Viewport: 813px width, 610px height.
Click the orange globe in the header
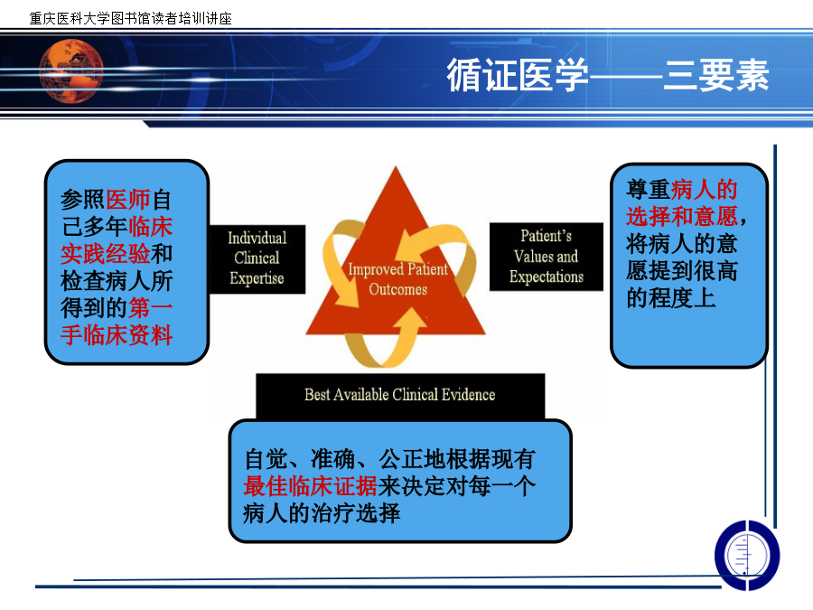(x=71, y=71)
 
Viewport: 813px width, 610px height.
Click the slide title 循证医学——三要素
(x=608, y=75)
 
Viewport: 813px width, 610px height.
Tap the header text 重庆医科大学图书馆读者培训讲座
(x=130, y=19)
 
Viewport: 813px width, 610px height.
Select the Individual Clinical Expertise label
(x=257, y=258)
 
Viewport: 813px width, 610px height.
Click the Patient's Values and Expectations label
(x=547, y=257)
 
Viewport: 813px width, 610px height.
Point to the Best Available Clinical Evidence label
(x=400, y=395)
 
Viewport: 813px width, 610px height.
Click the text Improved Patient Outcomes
(x=397, y=279)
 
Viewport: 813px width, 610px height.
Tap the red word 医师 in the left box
(x=128, y=199)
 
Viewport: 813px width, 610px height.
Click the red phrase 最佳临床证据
(x=311, y=486)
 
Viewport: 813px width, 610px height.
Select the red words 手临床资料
(x=117, y=335)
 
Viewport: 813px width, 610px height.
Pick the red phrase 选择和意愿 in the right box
(x=682, y=216)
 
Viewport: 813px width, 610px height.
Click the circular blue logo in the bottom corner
(x=747, y=555)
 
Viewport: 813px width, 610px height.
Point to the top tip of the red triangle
(x=397, y=166)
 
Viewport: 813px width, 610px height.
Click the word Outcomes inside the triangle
(x=398, y=289)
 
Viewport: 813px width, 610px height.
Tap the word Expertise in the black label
(x=257, y=278)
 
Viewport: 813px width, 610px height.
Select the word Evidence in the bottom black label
(x=468, y=395)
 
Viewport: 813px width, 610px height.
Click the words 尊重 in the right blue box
(x=648, y=190)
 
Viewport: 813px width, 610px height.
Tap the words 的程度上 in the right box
(x=671, y=297)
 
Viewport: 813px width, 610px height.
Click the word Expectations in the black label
(x=547, y=277)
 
